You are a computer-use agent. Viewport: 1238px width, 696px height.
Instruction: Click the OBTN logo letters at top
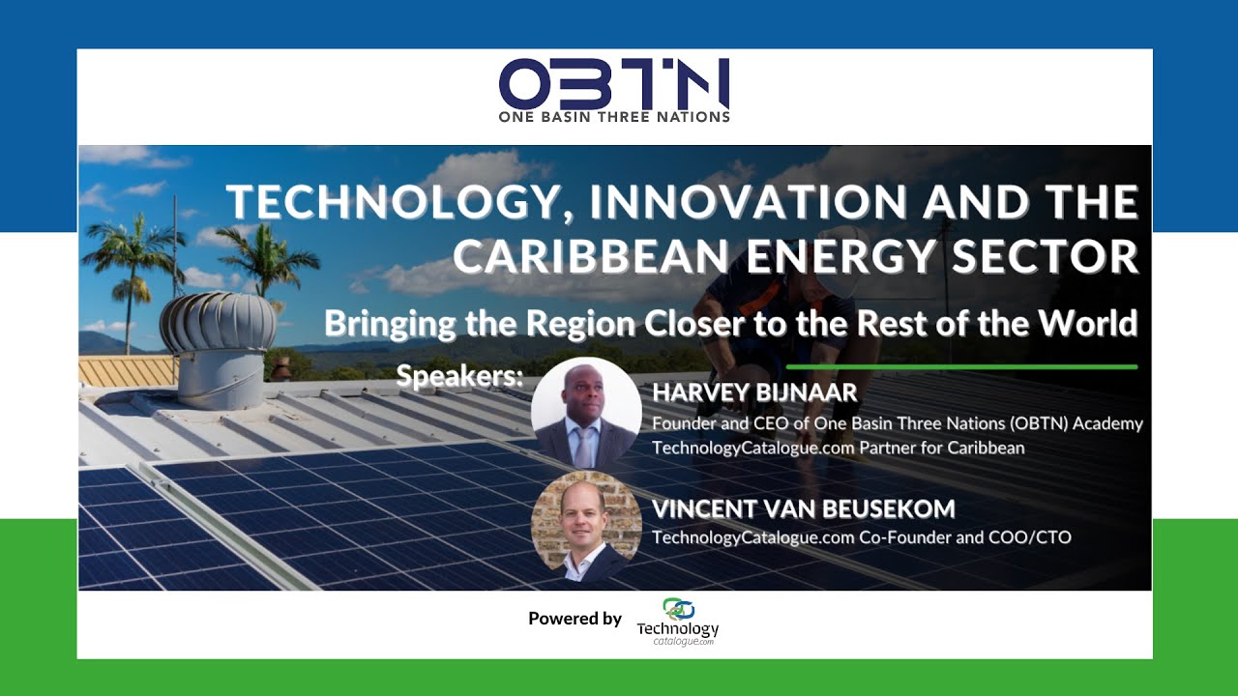[x=614, y=84]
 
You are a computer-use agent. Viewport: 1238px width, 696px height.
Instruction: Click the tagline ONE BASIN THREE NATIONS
[x=614, y=117]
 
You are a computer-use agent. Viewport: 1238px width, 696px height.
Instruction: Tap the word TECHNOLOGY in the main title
[x=392, y=203]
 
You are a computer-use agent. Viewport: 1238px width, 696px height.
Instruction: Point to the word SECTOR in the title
[x=1046, y=256]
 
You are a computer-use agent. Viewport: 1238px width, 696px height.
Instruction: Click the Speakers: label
[x=459, y=376]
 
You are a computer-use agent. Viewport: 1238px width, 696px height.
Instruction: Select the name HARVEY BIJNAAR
[x=754, y=392]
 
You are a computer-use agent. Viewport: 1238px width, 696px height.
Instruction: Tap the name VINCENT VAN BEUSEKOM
[x=804, y=508]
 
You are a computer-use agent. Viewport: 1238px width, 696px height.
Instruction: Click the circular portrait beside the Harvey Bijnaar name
[x=586, y=413]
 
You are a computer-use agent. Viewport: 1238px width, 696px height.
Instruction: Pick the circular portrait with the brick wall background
[x=586, y=526]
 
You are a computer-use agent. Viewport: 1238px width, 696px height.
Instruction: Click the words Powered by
[x=575, y=619]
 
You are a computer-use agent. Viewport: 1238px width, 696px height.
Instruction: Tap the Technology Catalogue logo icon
[x=678, y=609]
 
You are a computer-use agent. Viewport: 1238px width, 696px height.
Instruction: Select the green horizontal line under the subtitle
[x=961, y=366]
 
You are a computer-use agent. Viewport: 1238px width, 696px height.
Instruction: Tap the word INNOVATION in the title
[x=749, y=203]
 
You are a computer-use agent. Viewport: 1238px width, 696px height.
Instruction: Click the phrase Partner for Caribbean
[x=942, y=448]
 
